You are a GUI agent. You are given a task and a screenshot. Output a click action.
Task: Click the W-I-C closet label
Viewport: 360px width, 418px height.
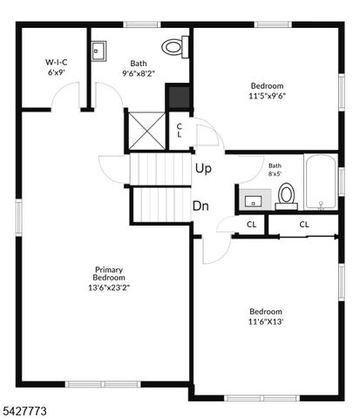[58, 63]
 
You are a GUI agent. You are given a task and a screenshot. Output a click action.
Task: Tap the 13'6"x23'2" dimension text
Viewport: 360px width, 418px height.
[109, 287]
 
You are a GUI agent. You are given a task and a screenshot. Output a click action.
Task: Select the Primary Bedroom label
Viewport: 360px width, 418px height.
[109, 273]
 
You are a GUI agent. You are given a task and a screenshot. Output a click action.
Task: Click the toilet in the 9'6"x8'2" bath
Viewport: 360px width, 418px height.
[176, 47]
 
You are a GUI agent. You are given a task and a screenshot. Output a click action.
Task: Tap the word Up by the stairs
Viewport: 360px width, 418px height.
[203, 169]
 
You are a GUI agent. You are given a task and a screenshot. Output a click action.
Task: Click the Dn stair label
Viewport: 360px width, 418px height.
[200, 206]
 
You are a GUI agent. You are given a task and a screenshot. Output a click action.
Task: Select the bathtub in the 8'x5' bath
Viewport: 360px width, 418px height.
[321, 183]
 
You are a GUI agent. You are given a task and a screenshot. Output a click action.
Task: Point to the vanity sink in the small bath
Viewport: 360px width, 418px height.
[253, 201]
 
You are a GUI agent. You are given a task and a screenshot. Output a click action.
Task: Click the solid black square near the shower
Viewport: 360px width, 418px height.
[180, 96]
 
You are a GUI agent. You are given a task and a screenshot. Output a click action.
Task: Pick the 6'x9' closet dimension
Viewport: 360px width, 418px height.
[58, 73]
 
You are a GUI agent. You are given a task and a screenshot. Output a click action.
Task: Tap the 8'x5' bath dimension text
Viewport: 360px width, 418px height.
[275, 174]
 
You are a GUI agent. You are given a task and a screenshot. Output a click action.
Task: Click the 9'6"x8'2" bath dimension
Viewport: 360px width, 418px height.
[139, 74]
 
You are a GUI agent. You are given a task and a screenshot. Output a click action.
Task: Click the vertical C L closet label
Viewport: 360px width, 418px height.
[180, 131]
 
